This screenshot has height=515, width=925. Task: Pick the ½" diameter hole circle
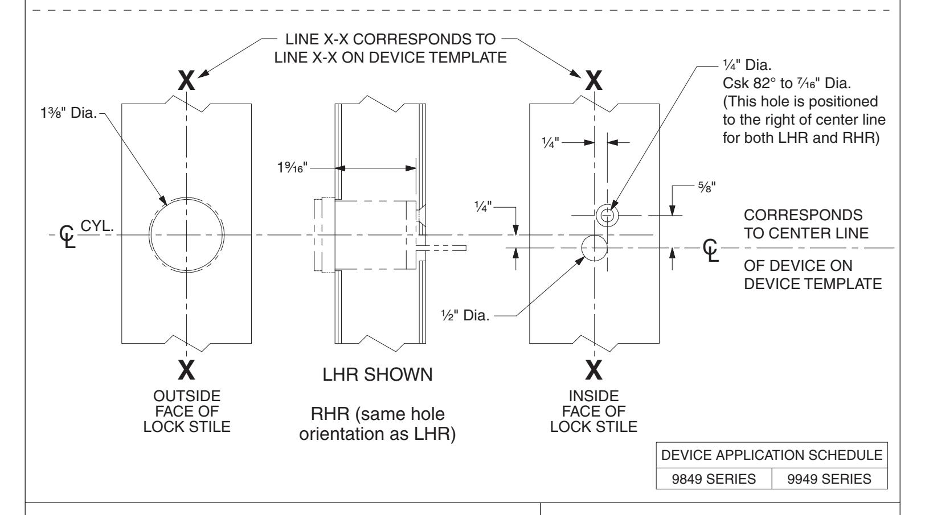coord(594,248)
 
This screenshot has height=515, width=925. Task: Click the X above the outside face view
coord(186,82)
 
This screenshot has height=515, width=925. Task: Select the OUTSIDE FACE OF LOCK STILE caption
coord(186,411)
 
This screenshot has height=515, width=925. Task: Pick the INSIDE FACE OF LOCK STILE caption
coord(594,411)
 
